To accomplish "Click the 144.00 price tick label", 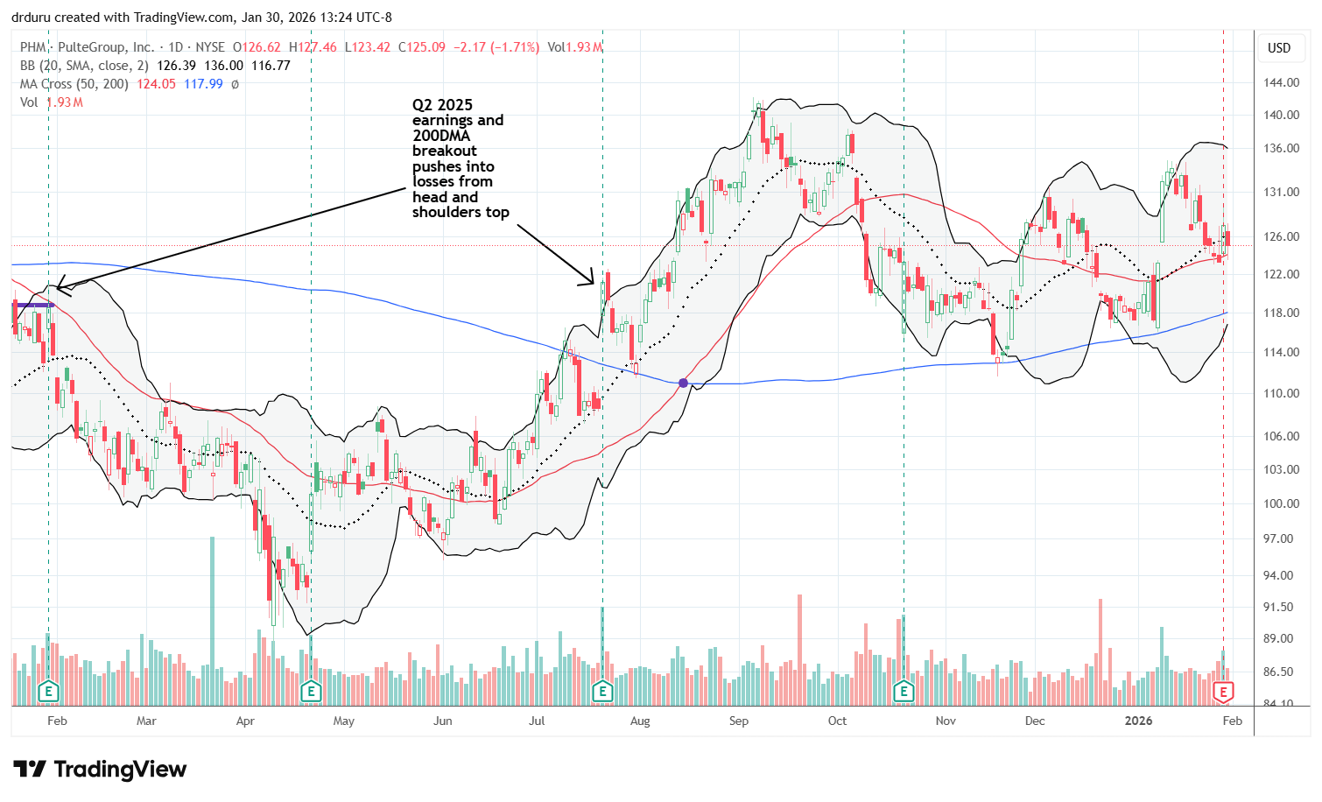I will (1281, 82).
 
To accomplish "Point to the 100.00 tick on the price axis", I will (1281, 503).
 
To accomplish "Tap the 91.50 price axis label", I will (1281, 607).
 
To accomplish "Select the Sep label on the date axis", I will (739, 721).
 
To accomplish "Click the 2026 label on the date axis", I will (1138, 721).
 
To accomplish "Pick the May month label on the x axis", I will (344, 721).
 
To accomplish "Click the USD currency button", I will (1279, 48).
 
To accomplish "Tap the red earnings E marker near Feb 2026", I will (1223, 693).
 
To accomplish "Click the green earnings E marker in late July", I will (602, 693).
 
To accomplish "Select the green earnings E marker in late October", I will (904, 693).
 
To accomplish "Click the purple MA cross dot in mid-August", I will (683, 383).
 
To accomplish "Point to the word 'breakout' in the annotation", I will (445, 151).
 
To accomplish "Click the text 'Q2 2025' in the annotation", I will (442, 105).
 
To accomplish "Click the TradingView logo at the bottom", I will (101, 770).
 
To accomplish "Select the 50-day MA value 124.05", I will (157, 84).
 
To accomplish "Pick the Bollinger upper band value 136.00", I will (224, 66).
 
